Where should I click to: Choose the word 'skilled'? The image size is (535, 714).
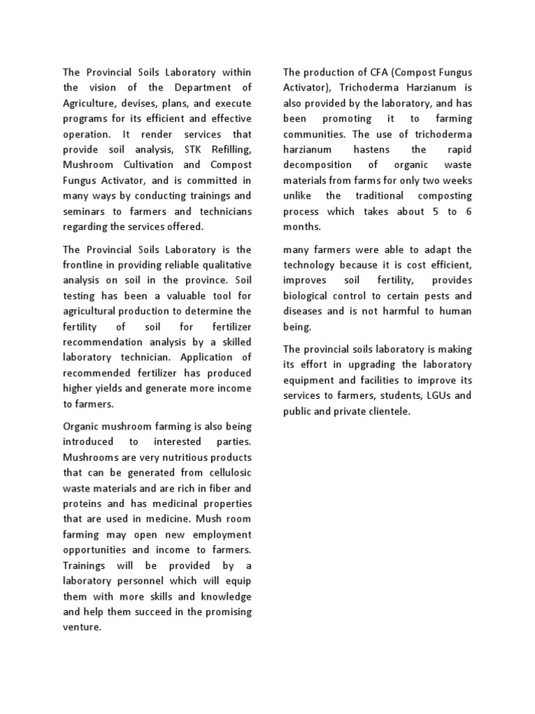click(x=233, y=342)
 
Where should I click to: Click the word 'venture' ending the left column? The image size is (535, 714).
click(x=82, y=626)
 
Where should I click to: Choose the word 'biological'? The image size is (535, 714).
click(x=310, y=296)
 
